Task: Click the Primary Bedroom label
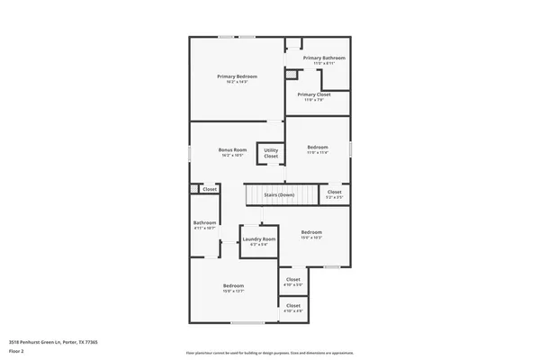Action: (x=232, y=76)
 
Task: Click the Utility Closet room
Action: (x=271, y=153)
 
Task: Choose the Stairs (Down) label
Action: (x=279, y=194)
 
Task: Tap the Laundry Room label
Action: (x=258, y=238)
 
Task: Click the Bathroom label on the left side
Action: (x=205, y=223)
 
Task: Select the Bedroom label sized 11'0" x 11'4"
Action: (x=318, y=147)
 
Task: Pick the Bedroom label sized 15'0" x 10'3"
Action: (x=311, y=232)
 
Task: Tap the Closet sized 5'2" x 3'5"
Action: (x=334, y=192)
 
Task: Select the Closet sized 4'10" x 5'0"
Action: (x=293, y=280)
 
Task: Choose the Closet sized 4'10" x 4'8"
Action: (x=293, y=306)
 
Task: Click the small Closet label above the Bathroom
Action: (x=210, y=189)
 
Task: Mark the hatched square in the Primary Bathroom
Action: (x=291, y=75)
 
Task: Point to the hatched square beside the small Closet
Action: (x=193, y=189)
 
